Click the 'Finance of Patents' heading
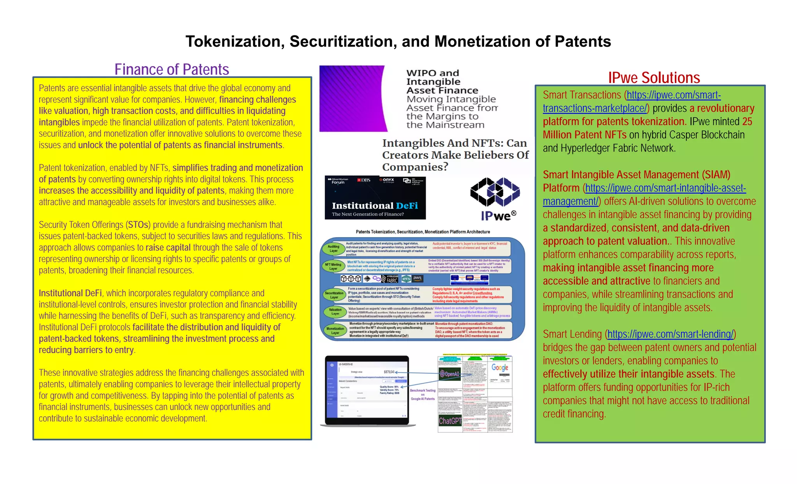pyautogui.click(x=172, y=69)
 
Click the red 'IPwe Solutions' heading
pyautogui.click(x=654, y=77)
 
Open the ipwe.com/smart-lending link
pyautogui.click(x=670, y=334)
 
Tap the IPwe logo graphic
pyautogui.click(x=495, y=199)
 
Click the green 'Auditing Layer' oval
pyautogui.click(x=333, y=248)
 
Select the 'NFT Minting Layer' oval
pyautogui.click(x=333, y=266)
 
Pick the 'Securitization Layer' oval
pyautogui.click(x=334, y=295)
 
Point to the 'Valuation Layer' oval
pyautogui.click(x=335, y=312)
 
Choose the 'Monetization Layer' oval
pyautogui.click(x=335, y=331)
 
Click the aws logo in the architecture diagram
pyautogui.click(x=417, y=278)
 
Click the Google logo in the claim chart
pyautogui.click(x=500, y=367)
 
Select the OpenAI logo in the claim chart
pyautogui.click(x=449, y=374)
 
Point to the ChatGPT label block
pyautogui.click(x=450, y=421)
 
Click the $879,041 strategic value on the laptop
pyautogui.click(x=389, y=372)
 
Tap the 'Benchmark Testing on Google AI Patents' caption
pyautogui.click(x=423, y=394)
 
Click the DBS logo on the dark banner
pyautogui.click(x=364, y=180)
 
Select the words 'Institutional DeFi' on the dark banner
pyautogui.click(x=375, y=206)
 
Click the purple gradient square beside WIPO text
pyautogui.click(x=352, y=98)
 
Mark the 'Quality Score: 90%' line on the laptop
pyautogui.click(x=389, y=387)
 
